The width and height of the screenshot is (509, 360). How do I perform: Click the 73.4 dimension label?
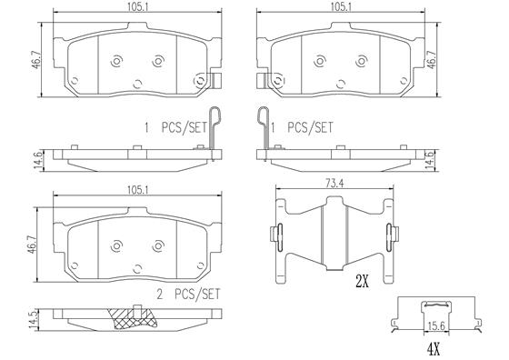pos(334,184)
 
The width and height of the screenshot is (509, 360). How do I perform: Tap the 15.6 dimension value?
pos(436,326)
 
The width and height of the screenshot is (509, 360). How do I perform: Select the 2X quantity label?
pos(363,281)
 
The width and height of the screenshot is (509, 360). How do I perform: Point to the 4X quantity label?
pos(434,349)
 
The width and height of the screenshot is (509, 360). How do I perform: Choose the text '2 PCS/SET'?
pos(188,295)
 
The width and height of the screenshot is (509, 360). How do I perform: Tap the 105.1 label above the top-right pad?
pos(341,6)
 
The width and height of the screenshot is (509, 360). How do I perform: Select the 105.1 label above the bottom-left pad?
pos(137,190)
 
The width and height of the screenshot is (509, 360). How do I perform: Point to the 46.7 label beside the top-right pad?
pos(432,59)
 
